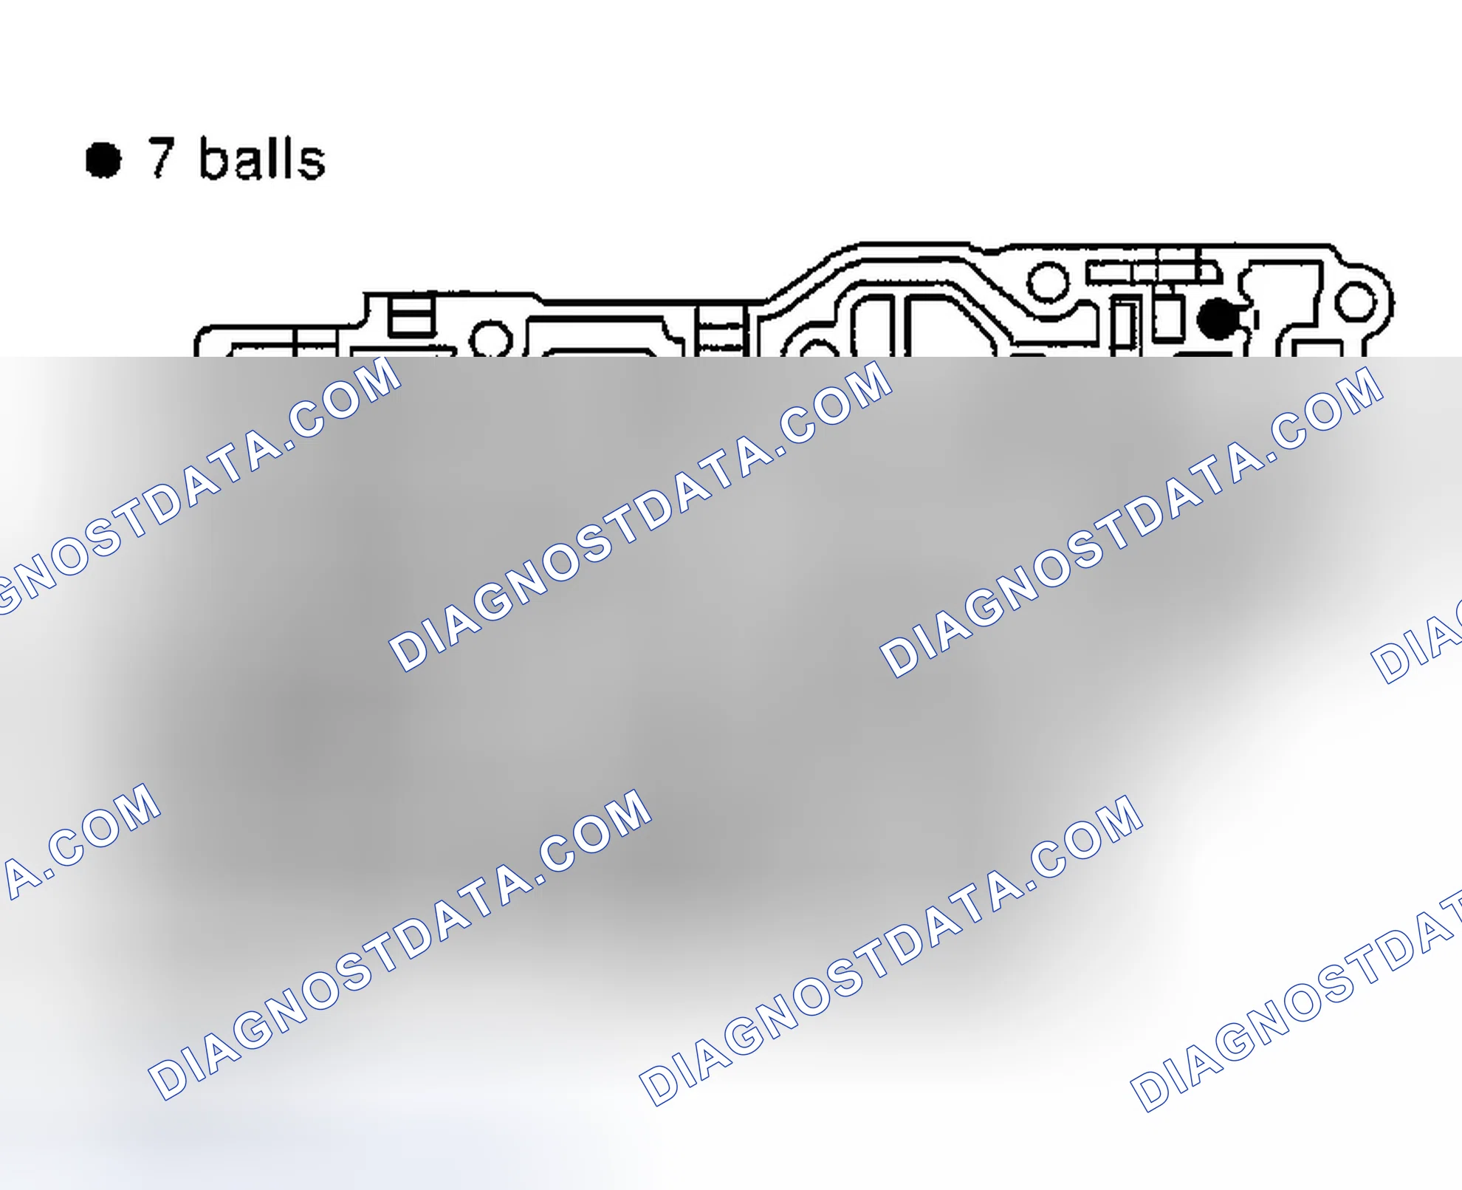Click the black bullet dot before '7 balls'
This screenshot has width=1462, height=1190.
tap(103, 160)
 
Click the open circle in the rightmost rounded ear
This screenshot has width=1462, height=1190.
tap(1356, 303)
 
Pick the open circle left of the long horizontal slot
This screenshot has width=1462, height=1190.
tap(1048, 281)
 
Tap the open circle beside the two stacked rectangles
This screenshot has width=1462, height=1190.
tap(491, 338)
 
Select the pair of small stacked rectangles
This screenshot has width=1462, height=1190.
tap(411, 316)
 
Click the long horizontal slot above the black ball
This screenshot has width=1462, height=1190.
tap(1152, 272)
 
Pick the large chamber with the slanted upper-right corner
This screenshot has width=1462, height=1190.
tap(953, 325)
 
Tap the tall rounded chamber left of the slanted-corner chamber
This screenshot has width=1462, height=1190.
tap(874, 326)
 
